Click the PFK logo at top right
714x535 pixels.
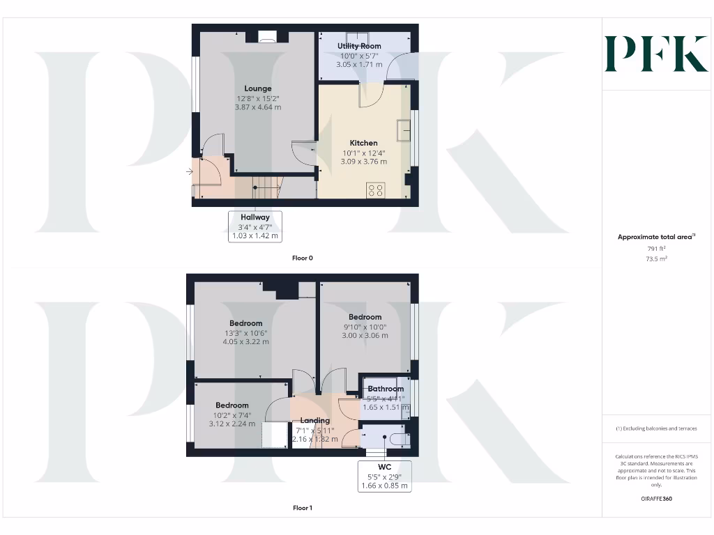pos(655,54)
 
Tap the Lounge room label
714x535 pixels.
pos(258,88)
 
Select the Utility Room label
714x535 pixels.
pos(359,46)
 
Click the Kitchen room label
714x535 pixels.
pos(363,143)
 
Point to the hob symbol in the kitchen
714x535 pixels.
pos(375,189)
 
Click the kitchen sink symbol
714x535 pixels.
pos(404,131)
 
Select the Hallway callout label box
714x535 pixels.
pos(255,226)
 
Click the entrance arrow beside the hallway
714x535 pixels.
pos(191,171)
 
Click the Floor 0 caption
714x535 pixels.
pos(303,258)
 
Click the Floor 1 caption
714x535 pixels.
pos(303,508)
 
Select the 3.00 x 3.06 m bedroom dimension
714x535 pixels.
pos(365,336)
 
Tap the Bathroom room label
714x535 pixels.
pos(386,389)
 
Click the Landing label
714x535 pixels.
pos(314,421)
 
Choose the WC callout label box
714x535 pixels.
pos(384,476)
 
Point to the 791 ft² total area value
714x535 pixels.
pos(655,248)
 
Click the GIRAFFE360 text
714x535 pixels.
pos(655,499)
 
